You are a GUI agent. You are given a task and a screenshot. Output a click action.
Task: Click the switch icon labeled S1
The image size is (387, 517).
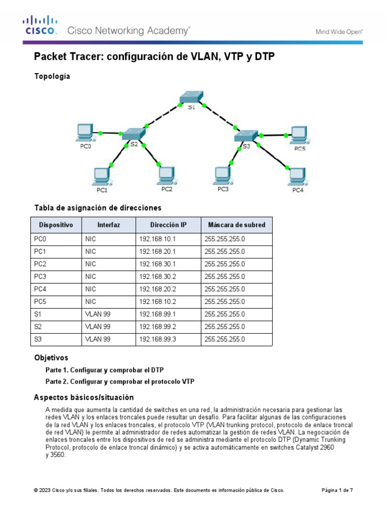tap(191, 97)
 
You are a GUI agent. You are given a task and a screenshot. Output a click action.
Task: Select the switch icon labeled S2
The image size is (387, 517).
tap(134, 133)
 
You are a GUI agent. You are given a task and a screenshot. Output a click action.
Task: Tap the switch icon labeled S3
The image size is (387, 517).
tap(246, 135)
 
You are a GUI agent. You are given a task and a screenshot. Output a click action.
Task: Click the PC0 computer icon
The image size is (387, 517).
tap(84, 132)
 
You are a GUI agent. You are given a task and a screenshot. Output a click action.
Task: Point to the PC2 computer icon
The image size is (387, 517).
tap(166, 175)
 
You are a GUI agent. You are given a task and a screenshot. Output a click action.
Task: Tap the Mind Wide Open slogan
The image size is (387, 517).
tap(339, 31)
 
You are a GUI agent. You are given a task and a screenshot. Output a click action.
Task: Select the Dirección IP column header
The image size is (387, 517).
tap(168, 225)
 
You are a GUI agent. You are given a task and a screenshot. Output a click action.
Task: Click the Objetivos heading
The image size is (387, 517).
tap(51, 357)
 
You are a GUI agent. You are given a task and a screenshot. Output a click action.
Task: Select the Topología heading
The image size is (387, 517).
tap(52, 76)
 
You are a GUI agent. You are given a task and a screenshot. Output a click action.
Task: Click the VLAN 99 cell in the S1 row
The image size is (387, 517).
tap(98, 314)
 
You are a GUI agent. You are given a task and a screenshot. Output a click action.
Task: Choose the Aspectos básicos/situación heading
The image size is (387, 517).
tap(84, 397)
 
